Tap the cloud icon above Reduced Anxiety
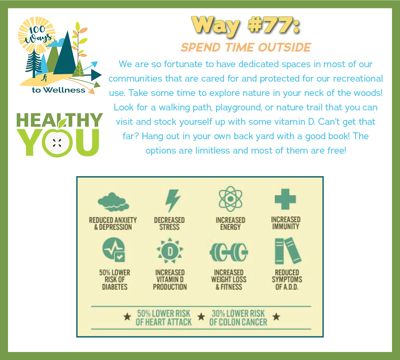point(113,202)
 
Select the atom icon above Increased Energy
point(230,199)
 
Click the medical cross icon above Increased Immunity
point(285,199)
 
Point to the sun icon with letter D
point(170,251)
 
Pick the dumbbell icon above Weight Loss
point(228,252)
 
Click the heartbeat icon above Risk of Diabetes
point(114,250)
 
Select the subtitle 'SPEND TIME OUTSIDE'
point(246,48)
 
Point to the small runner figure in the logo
point(44,78)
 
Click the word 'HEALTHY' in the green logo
point(60,120)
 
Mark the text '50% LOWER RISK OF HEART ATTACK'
point(164,318)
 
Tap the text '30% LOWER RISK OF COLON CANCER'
point(238,318)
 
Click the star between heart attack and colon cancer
point(201,317)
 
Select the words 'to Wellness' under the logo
point(58,90)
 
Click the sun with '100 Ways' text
point(37,35)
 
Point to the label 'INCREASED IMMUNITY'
point(286,223)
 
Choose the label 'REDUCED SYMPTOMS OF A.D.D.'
point(287,280)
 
